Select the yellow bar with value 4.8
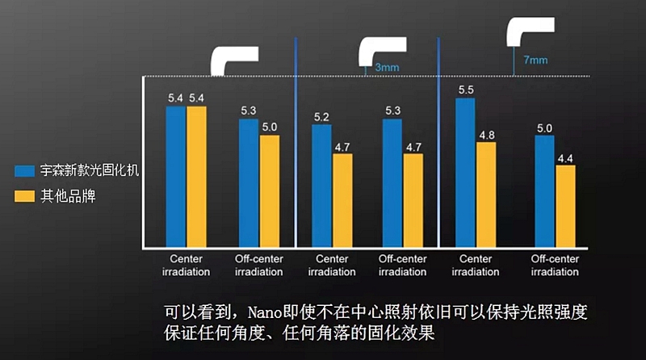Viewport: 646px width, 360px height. pos(486,195)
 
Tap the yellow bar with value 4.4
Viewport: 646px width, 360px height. pos(565,206)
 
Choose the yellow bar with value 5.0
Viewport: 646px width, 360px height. pos(269,190)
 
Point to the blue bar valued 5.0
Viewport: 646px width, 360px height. pos(545,190)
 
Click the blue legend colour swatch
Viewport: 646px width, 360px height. pos(25,171)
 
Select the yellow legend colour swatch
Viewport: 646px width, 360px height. pos(25,196)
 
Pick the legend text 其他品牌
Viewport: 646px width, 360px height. pos(68,196)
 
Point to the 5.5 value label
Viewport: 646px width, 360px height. pos(466,90)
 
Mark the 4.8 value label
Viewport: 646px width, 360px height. pos(486,136)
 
